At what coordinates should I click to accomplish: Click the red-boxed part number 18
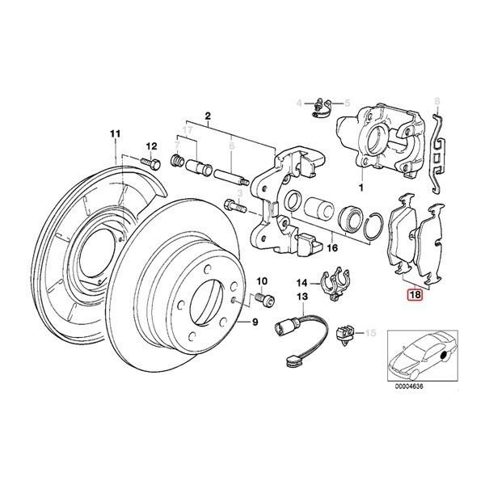point(415,296)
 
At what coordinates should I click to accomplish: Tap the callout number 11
point(114,133)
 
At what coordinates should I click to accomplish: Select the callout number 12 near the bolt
point(150,145)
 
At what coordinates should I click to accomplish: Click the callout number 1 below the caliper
point(361,187)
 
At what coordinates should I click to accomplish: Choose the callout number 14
point(301,283)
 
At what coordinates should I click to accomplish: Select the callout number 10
point(261,280)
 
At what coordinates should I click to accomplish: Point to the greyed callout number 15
point(372,332)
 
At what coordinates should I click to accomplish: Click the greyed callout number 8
point(437,101)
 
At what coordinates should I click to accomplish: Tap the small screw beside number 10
point(261,300)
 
